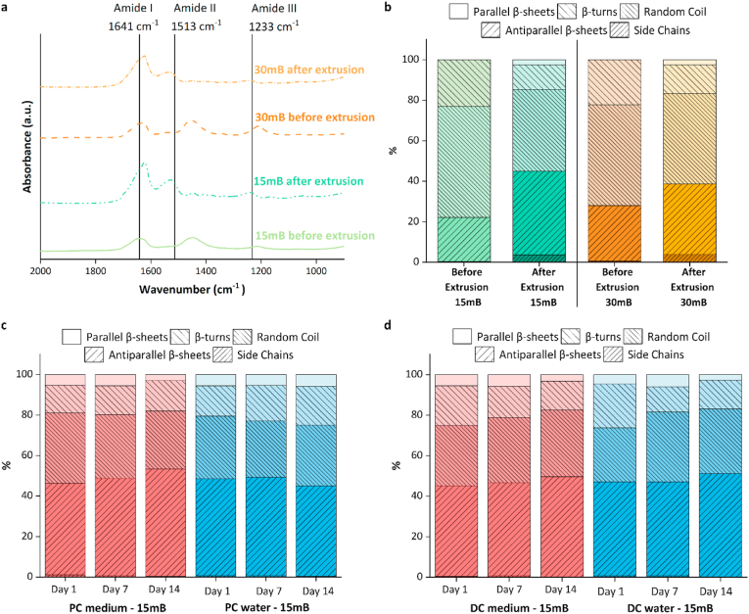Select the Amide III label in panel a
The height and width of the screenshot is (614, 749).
251,8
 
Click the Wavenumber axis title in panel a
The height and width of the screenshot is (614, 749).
192,290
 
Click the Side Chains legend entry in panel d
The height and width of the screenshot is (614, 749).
616,353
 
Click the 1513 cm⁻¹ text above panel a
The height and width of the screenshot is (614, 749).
196,26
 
